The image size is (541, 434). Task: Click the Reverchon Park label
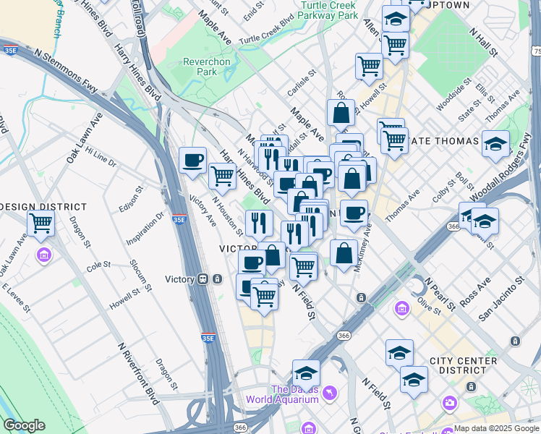click(206, 67)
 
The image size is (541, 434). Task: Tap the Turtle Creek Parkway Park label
click(328, 10)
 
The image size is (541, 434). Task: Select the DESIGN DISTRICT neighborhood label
click(43, 207)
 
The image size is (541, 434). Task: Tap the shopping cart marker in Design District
click(41, 224)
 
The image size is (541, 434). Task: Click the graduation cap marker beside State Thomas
click(495, 144)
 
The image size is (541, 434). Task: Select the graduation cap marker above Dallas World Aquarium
click(306, 373)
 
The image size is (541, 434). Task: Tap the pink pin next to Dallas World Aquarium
click(330, 393)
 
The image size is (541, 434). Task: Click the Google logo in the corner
click(24, 425)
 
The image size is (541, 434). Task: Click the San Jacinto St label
click(500, 298)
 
